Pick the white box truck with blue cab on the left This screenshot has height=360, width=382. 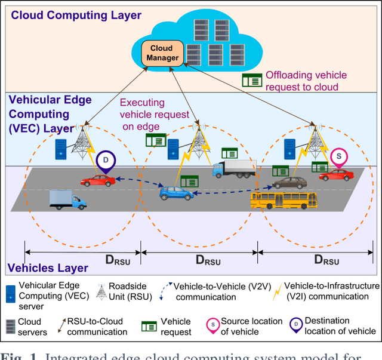click(68, 199)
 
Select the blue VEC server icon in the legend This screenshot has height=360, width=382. click(10, 292)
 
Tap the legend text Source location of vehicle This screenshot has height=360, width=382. click(251, 327)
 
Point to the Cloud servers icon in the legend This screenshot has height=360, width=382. click(10, 326)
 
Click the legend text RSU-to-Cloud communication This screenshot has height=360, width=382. click(97, 327)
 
